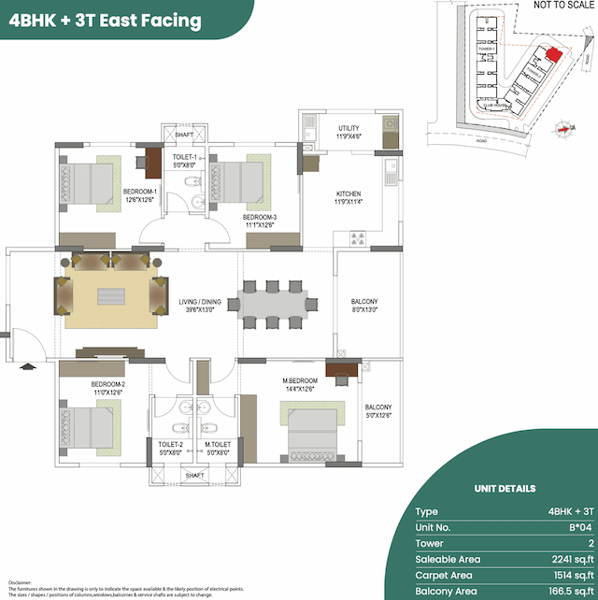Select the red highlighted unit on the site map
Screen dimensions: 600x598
[x=554, y=55]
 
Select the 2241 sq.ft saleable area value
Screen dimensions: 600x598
[x=572, y=559]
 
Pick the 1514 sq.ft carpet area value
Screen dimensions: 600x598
[x=572, y=575]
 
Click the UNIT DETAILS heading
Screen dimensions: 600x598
[x=505, y=488]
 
